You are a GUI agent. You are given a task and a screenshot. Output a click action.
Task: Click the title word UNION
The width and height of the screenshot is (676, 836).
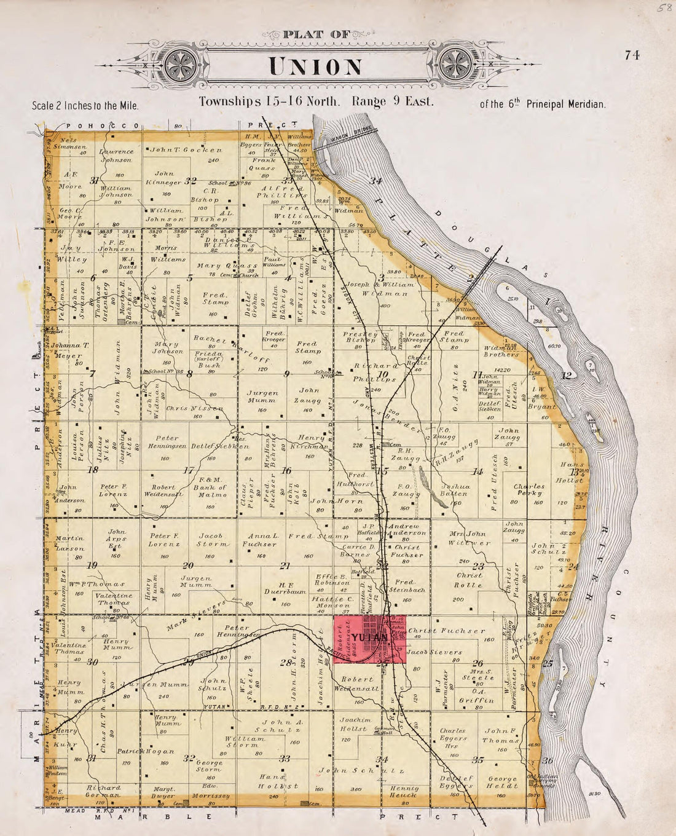tap(316, 66)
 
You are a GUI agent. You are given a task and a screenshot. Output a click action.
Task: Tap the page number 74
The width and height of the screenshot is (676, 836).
tap(632, 55)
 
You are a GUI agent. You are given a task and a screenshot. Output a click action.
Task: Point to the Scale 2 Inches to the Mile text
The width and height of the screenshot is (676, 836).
tap(85, 105)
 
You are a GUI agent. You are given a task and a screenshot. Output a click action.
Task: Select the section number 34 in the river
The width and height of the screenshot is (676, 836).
tap(375, 181)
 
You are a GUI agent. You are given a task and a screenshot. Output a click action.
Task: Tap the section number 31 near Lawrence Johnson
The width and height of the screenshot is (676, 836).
tap(95, 181)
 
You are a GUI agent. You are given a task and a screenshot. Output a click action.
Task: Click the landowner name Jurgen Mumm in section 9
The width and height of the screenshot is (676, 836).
tap(262, 397)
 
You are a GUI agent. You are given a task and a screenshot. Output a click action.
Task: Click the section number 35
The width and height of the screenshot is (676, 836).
tap(478, 760)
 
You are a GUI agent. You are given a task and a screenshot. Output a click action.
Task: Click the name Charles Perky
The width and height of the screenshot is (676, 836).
tap(529, 490)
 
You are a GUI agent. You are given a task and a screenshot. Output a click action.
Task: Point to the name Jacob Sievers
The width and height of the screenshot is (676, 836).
tap(434, 652)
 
